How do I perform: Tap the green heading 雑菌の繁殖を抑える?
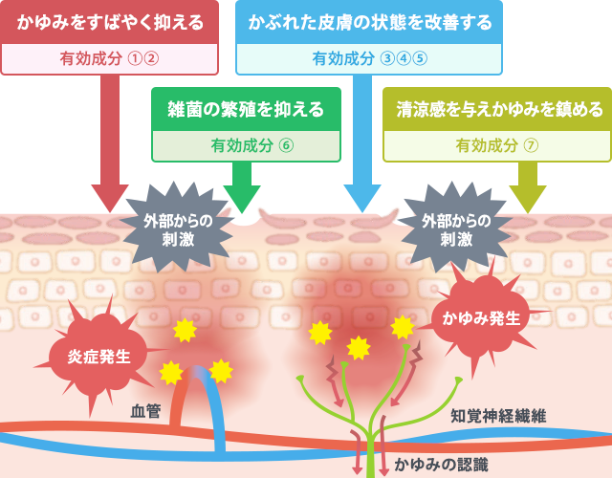tap(246, 107)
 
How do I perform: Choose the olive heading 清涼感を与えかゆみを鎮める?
tap(497, 107)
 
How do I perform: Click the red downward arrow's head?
tap(109, 195)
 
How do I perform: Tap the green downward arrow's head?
tap(241, 197)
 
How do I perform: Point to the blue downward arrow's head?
tap(362, 197)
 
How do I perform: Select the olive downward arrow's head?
tap(527, 197)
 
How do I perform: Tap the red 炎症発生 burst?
tap(98, 357)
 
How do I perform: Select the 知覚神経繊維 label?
tap(497, 416)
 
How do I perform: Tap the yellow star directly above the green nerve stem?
tap(359, 347)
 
